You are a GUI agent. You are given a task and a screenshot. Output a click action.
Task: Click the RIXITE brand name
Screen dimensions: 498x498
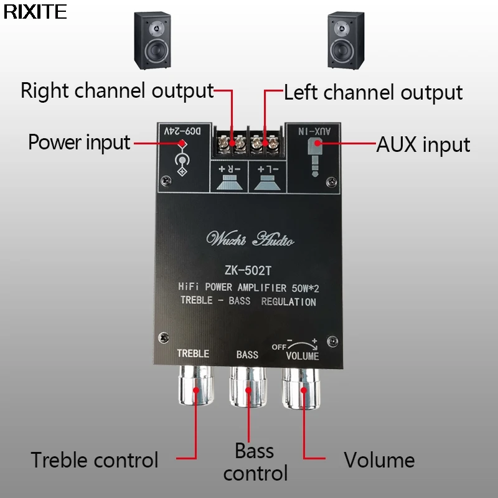click(x=35, y=12)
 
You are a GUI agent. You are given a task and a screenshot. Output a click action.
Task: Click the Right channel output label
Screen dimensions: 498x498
click(x=117, y=91)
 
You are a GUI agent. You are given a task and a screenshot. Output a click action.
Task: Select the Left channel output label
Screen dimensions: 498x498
click(x=374, y=93)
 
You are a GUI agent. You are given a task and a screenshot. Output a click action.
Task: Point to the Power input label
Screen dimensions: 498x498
click(x=79, y=143)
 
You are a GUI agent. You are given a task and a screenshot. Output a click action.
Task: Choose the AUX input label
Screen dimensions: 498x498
click(x=423, y=144)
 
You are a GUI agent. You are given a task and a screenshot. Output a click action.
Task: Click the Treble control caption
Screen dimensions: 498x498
click(x=95, y=461)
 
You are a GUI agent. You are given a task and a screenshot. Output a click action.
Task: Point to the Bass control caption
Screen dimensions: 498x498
click(x=255, y=461)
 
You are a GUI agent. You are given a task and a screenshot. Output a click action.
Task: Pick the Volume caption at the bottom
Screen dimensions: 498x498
click(x=379, y=461)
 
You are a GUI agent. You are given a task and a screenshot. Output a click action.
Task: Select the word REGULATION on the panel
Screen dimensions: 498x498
click(x=288, y=302)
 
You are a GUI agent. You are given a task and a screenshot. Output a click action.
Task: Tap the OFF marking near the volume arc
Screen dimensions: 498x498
click(x=278, y=347)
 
